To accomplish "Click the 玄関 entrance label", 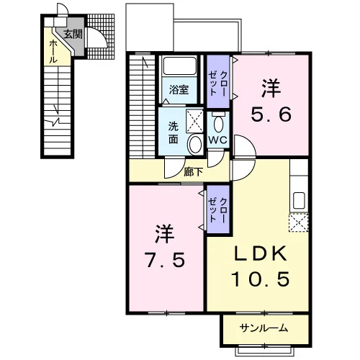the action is (73, 34).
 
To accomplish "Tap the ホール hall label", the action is (53, 52).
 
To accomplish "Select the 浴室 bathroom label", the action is (179, 90).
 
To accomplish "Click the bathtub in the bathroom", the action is (180, 66).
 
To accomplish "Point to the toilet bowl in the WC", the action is (218, 123).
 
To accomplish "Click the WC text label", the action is (217, 140).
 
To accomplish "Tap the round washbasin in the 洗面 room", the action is (195, 144).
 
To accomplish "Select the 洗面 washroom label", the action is (173, 132).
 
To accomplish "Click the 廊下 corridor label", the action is (193, 172).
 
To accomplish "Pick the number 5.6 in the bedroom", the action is (271, 114).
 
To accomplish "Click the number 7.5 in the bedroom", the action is (166, 260).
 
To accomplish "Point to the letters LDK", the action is (260, 253).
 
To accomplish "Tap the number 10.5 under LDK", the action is (261, 279).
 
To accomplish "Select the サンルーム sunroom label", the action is (264, 328).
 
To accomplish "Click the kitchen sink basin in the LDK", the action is (299, 200).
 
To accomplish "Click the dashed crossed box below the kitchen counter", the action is (298, 222).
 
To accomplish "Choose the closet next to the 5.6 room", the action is (218, 81).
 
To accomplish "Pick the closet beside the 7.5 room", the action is (218, 210).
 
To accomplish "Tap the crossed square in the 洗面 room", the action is (194, 121).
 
